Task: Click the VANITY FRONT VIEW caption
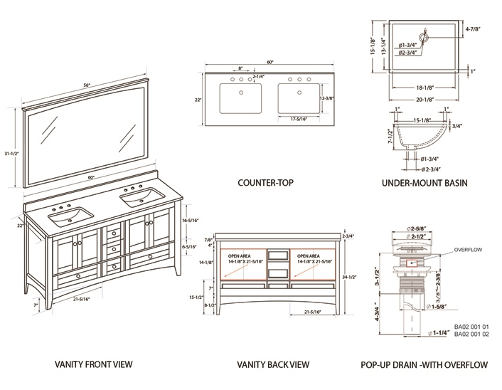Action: coord(94,365)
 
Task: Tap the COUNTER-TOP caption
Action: coord(265,183)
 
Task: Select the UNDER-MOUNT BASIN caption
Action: coord(424,183)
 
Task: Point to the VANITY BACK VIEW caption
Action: coord(273,365)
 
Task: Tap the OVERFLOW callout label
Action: coord(469,250)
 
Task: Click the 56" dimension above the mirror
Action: coord(86,85)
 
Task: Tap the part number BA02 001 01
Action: coord(471,326)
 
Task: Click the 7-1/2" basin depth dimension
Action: coord(390,135)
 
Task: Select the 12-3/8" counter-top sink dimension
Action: coord(328,97)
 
